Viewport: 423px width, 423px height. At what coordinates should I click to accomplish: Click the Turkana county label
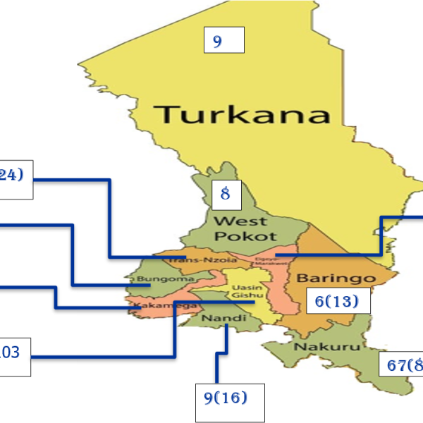(x=243, y=114)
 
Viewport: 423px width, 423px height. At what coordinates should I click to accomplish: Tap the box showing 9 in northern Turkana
(x=223, y=40)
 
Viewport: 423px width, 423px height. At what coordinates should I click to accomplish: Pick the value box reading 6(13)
(x=337, y=302)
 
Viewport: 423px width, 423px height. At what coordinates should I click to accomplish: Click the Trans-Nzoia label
(x=191, y=260)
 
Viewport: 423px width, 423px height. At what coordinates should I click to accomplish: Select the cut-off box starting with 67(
(x=403, y=364)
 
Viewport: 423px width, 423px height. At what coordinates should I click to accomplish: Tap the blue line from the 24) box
(x=110, y=211)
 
